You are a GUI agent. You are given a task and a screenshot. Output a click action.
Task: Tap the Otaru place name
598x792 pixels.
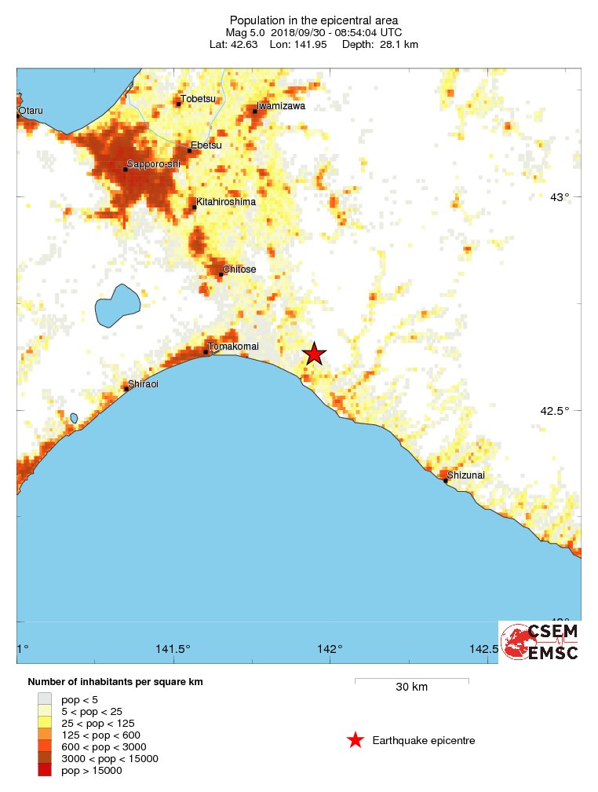(32, 110)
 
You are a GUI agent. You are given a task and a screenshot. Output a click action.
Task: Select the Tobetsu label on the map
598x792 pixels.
(197, 98)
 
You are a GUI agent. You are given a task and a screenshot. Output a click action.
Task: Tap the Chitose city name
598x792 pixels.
(239, 269)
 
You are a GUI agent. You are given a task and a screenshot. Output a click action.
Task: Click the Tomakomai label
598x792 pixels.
(233, 346)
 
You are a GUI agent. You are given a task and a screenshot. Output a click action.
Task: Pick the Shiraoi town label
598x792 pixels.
(144, 383)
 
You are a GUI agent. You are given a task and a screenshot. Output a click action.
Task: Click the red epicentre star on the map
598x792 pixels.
(314, 354)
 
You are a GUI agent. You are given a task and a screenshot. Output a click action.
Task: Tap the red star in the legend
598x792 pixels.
(355, 740)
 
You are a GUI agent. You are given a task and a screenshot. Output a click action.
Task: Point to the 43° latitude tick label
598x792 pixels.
(560, 197)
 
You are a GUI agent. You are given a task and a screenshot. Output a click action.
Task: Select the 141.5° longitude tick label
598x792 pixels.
(173, 649)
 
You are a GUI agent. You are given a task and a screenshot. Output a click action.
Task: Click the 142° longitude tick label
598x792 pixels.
(330, 649)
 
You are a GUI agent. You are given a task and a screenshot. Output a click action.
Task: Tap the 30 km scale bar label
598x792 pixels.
(411, 687)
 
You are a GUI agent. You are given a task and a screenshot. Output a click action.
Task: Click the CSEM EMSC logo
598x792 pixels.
(540, 641)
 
